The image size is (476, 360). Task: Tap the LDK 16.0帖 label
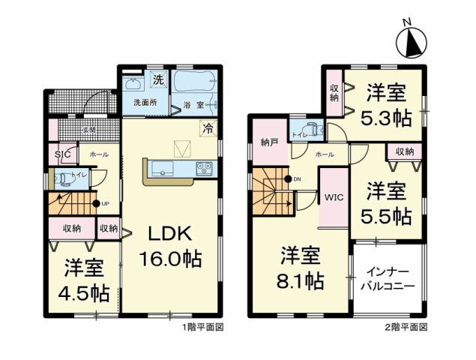(x=170, y=247)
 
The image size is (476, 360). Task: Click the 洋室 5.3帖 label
(x=386, y=106)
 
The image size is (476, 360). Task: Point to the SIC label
(x=63, y=154)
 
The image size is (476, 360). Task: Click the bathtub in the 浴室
(x=194, y=82)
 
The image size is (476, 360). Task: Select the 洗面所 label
(x=145, y=102)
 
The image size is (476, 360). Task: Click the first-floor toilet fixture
(x=63, y=179)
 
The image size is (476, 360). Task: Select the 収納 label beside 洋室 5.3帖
(x=334, y=92)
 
